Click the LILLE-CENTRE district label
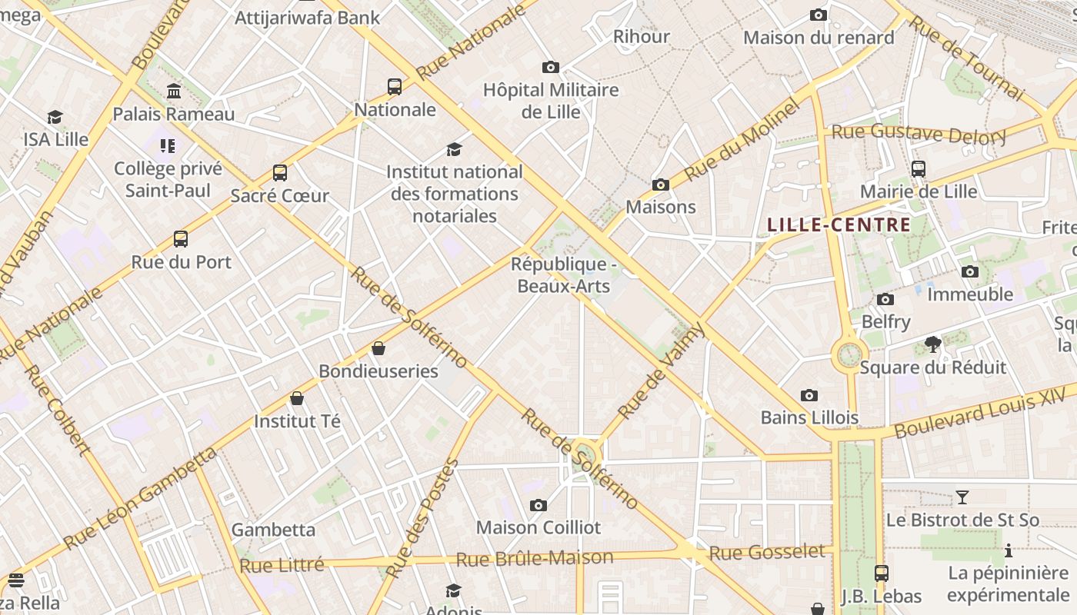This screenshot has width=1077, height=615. [x=839, y=225]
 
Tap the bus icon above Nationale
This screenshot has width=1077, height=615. [x=395, y=87]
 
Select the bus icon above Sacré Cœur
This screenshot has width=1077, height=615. [x=280, y=173]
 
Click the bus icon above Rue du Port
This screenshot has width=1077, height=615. [x=181, y=239]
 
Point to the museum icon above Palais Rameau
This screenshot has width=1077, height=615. [x=174, y=91]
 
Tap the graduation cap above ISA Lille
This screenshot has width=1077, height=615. [x=55, y=118]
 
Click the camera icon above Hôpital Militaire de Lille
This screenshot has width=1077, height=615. [x=550, y=68]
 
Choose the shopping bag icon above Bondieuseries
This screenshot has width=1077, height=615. [x=378, y=349]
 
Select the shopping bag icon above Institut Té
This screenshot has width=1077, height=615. [x=297, y=399]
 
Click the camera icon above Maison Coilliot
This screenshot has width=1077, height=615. [x=538, y=506]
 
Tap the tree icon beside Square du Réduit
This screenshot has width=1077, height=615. [x=933, y=344]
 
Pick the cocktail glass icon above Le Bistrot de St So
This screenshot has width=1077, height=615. [x=962, y=497]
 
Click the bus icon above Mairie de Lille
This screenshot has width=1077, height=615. [x=918, y=169]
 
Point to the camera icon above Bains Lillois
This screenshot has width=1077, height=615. [x=809, y=396]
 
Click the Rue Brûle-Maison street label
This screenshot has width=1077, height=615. [x=535, y=558]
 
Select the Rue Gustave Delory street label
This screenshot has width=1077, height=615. [x=919, y=134]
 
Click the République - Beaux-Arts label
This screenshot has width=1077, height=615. [x=564, y=275]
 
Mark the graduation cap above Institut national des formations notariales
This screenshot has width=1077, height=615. [x=455, y=149]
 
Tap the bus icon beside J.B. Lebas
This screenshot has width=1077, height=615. [x=882, y=573]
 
